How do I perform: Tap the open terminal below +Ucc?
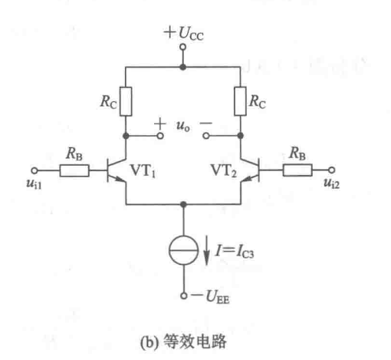coord(182,48)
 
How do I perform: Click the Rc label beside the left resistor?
coord(106,101)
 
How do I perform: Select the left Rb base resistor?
coord(75,170)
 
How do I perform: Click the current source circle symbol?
coord(182,251)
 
